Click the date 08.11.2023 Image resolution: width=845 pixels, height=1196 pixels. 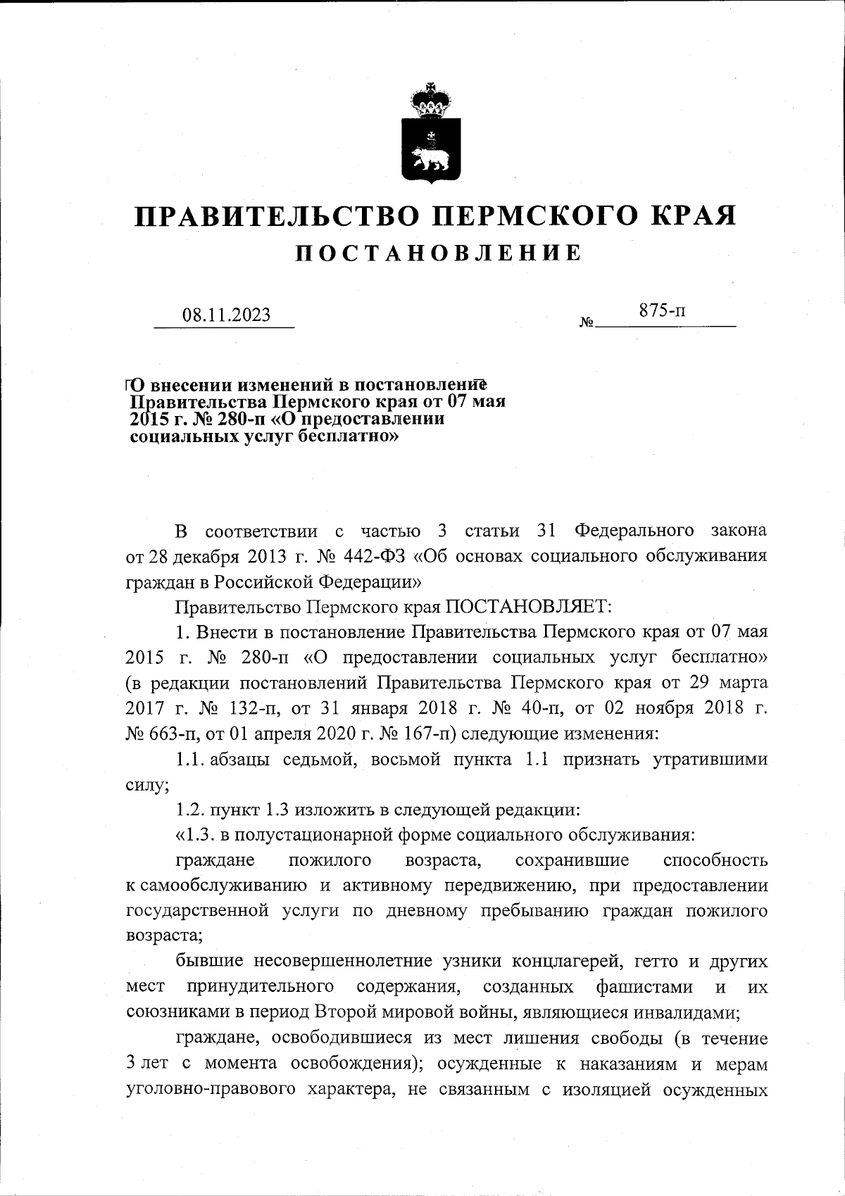click(x=227, y=315)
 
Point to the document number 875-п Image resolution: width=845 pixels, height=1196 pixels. click(x=662, y=310)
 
